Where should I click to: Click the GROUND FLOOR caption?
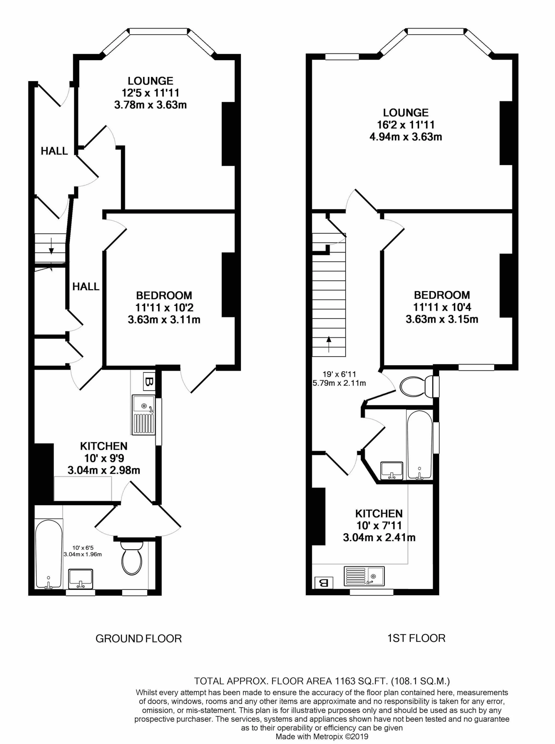tap(138, 639)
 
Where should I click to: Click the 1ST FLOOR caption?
tap(416, 638)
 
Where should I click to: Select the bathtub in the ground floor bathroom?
tap(49, 554)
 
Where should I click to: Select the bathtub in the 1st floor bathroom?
tap(419, 444)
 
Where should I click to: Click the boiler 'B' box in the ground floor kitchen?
tap(149, 381)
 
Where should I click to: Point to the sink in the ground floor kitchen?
tap(144, 415)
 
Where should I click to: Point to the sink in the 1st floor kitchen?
tap(364, 576)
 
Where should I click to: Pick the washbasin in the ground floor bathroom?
tap(81, 579)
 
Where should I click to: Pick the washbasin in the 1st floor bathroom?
tap(392, 470)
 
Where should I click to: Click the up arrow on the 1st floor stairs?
tap(329, 344)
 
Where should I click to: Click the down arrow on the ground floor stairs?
tap(52, 246)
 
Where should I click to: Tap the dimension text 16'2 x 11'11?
tap(406, 125)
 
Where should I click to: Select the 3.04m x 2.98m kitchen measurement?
tap(104, 470)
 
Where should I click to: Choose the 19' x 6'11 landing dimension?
tap(339, 374)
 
